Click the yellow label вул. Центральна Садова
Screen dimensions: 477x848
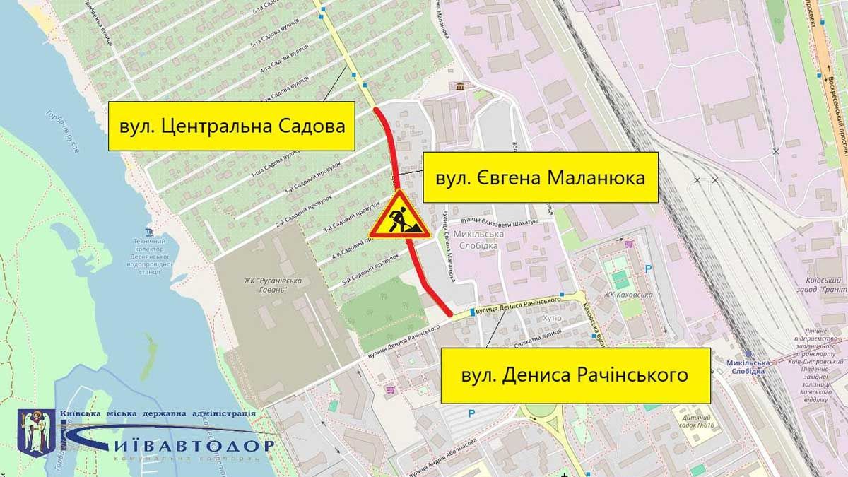pos(231,126)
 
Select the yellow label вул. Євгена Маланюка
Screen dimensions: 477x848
pos(541,178)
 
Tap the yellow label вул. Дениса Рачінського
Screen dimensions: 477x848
pos(575,375)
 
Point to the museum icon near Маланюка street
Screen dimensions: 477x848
pos(461,86)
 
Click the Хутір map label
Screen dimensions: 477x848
pos(550,319)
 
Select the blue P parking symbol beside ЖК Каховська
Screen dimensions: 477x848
pos(649,268)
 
